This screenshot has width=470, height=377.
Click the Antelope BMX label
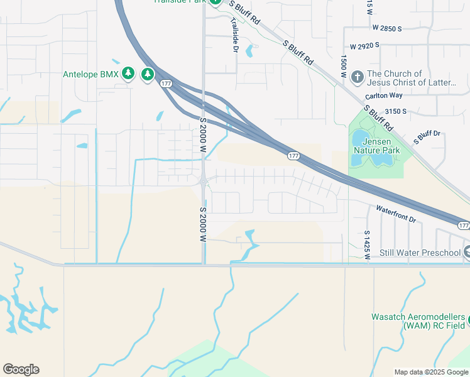pos(90,74)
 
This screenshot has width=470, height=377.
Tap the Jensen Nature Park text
pos(376,146)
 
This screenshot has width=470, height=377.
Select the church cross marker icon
pos(357,77)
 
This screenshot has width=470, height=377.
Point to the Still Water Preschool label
pos(420,253)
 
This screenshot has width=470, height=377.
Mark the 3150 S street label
pos(396,111)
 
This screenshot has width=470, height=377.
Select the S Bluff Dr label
pos(430,134)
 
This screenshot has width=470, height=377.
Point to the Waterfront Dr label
pos(396,214)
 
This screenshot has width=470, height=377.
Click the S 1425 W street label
pos(367,244)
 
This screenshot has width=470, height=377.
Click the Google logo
pos(21,369)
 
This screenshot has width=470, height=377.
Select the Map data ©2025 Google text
pos(430,372)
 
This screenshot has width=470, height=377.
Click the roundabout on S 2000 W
pos(204,182)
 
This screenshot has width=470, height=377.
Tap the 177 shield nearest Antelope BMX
pos(166,84)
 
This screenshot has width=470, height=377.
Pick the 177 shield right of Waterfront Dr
pos(463,225)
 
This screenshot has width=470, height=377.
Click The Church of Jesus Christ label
pos(411,78)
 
